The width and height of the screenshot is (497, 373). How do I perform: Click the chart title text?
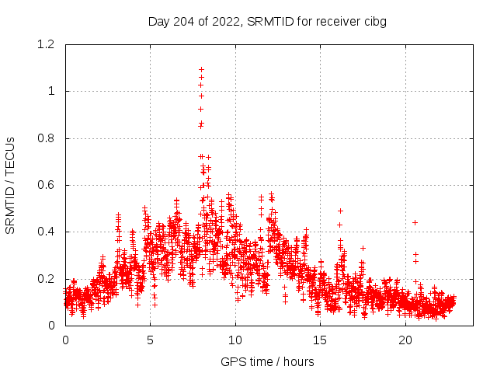267,21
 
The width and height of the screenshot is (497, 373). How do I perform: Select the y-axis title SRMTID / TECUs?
11,185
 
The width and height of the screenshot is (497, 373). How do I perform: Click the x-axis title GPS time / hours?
267,361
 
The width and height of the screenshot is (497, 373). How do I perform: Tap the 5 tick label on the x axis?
151,340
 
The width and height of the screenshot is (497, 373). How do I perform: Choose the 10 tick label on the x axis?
235,340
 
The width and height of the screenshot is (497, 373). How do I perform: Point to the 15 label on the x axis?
321,340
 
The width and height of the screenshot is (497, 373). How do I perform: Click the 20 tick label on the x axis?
405,340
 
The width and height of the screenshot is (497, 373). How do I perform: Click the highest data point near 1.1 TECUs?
201,69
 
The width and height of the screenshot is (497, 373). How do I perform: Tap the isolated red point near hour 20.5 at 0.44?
415,222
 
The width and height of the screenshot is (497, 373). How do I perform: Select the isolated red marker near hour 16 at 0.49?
340,211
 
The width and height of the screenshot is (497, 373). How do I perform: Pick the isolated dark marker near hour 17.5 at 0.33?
363,248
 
